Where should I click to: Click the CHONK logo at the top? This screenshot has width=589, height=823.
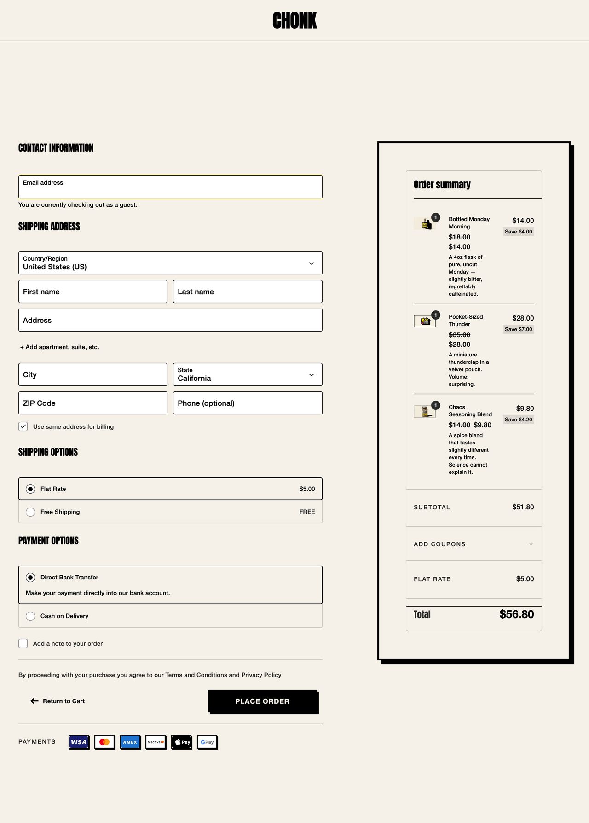[294, 21]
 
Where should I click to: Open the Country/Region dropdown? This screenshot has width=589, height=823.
[170, 263]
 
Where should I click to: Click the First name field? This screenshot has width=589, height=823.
[93, 292]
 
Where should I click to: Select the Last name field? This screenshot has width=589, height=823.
[248, 292]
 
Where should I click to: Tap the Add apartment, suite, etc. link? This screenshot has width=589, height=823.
[60, 347]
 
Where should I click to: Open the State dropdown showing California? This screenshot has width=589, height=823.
[248, 374]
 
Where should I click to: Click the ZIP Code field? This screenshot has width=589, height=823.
[93, 403]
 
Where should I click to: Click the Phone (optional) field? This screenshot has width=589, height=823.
[248, 403]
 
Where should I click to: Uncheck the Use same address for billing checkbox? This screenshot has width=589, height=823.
[23, 426]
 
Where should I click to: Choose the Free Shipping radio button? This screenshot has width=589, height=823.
[30, 512]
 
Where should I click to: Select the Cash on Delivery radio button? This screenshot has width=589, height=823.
[30, 616]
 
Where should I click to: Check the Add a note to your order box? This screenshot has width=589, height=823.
[23, 644]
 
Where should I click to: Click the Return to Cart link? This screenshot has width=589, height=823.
[58, 701]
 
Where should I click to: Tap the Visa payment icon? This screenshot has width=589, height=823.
[79, 742]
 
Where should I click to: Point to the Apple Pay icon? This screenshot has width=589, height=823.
[182, 742]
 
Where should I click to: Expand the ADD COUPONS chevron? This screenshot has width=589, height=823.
[531, 544]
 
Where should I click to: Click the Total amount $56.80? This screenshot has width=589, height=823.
[517, 614]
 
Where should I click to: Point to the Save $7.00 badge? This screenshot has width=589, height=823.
[518, 329]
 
